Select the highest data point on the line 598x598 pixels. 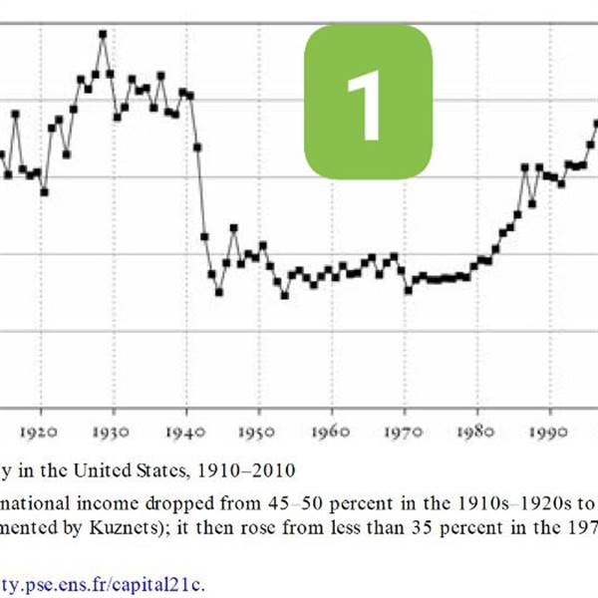tap(103, 34)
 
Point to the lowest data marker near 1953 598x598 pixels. tap(284, 295)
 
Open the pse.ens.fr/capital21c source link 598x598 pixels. tap(110, 583)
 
